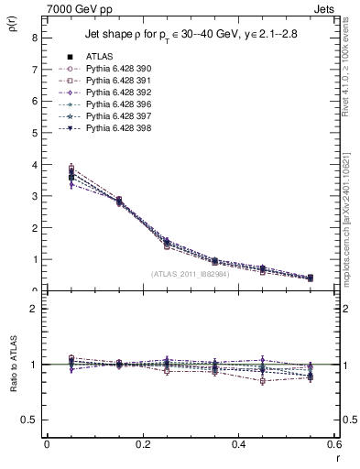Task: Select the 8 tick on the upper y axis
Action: [x=34, y=38]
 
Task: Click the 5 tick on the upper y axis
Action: [x=34, y=133]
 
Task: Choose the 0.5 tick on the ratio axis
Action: [x=28, y=420]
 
